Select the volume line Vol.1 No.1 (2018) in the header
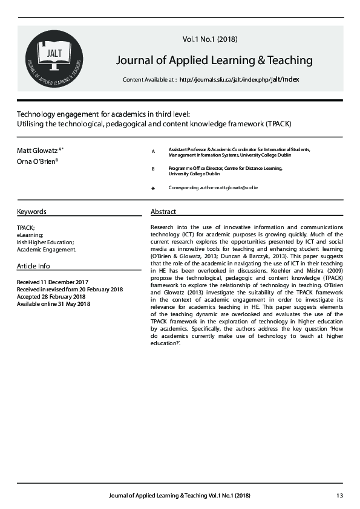[210, 39]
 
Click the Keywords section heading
[31, 212]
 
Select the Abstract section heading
[163, 212]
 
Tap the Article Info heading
[34, 266]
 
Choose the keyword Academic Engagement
[47, 249]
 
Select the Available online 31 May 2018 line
[53, 303]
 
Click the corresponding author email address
[237, 188]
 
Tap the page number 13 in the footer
[339, 496]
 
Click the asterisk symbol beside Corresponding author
[153, 189]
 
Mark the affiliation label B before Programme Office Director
[153, 169]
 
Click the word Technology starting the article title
[36, 114]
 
